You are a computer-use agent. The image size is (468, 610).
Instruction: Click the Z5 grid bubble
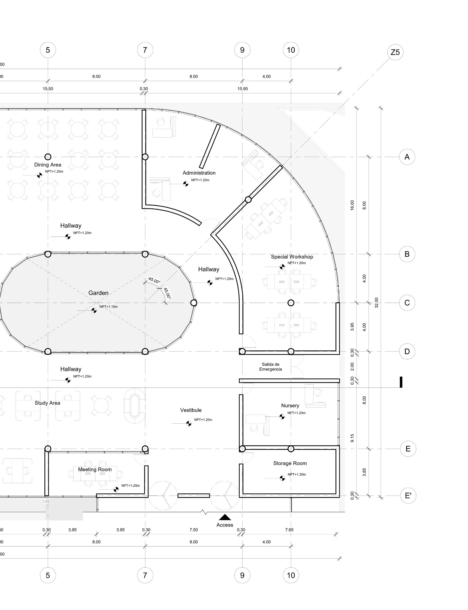395,52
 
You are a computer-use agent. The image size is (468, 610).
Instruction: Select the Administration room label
199,173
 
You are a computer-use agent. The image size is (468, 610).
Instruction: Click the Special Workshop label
292,257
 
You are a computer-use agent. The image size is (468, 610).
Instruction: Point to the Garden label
98,293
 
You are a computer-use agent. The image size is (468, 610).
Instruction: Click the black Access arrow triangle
225,517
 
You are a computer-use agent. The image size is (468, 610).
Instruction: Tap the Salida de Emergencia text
270,367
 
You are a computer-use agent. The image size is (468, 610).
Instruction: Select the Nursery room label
290,405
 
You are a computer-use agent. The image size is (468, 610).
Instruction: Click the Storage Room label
290,463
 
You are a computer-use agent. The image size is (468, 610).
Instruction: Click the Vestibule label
190,410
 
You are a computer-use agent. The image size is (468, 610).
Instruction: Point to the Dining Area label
48,164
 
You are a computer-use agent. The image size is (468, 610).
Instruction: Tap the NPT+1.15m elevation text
108,307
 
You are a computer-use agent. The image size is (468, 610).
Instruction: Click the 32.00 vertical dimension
377,303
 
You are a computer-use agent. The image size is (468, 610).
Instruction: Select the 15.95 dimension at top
242,89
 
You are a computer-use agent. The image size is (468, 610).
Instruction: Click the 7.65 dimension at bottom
289,530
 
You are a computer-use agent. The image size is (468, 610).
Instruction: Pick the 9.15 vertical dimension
352,438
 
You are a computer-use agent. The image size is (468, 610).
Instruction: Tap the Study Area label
47,403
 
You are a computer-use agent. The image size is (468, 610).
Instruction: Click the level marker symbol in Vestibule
189,423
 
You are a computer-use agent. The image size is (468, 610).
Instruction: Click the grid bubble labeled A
407,157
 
